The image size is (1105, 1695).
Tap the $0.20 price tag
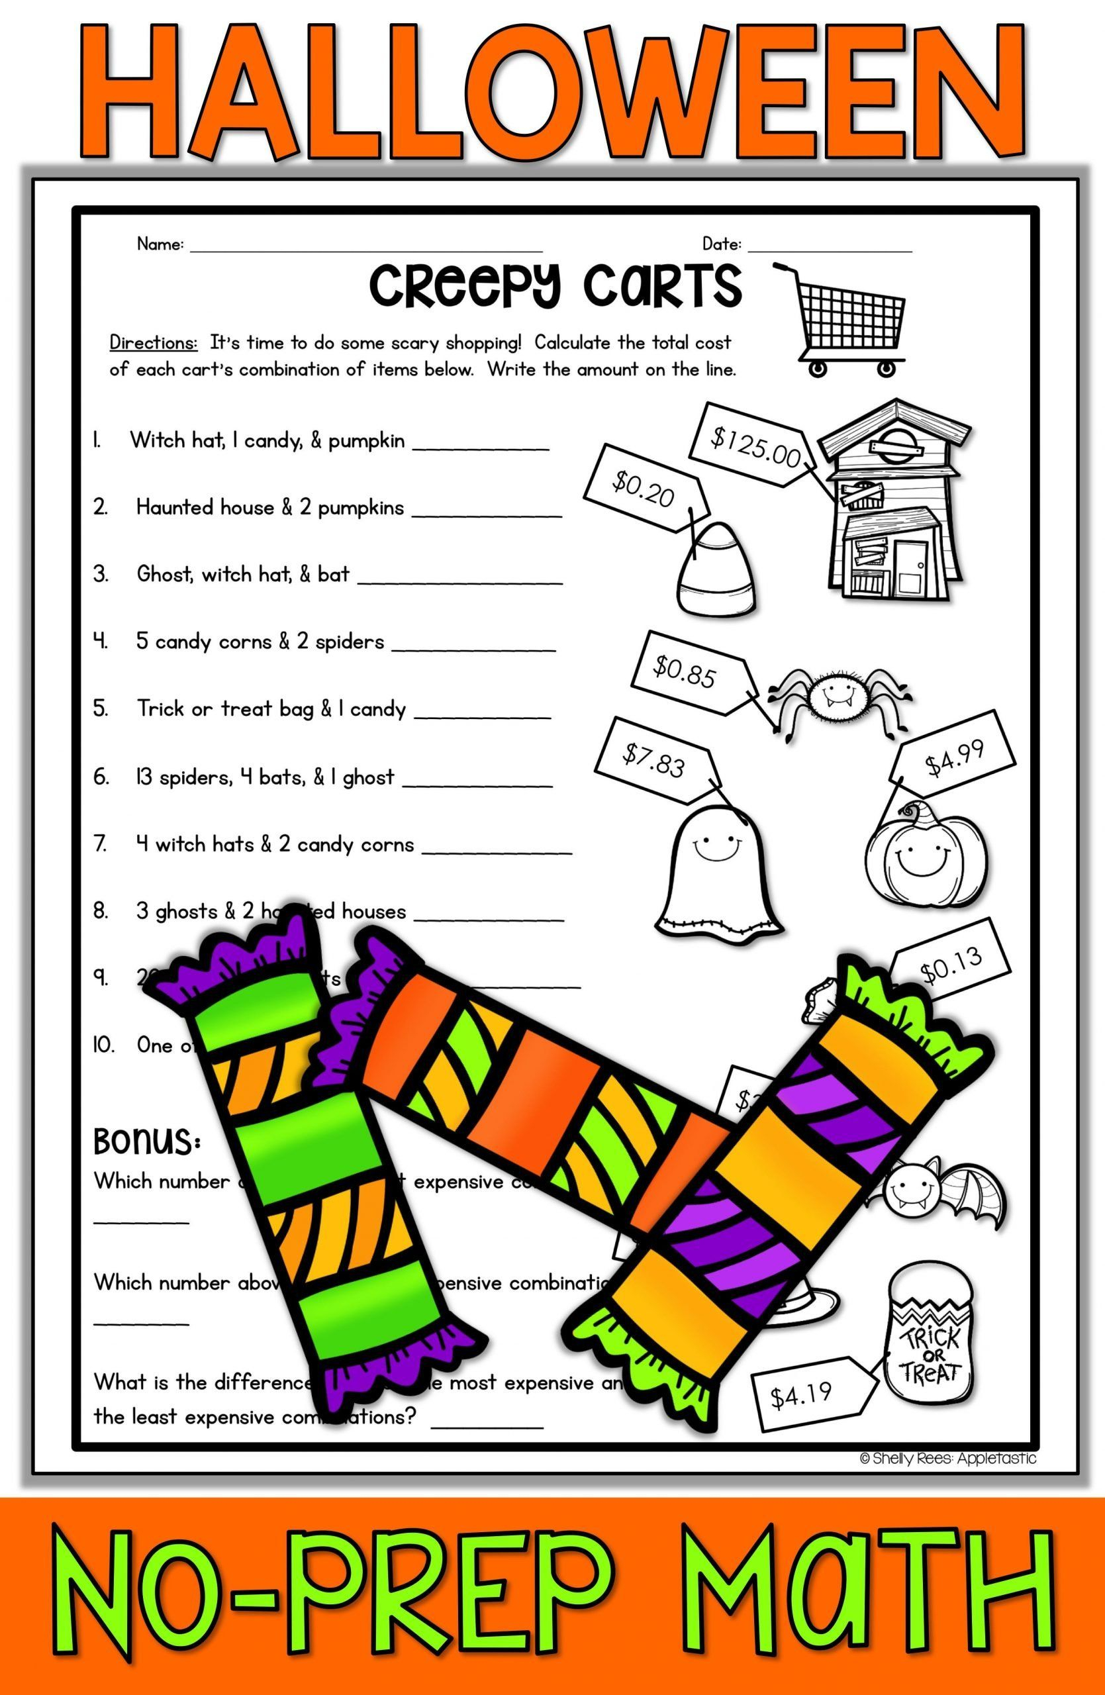tap(644, 488)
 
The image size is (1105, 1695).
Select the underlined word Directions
tap(153, 343)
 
